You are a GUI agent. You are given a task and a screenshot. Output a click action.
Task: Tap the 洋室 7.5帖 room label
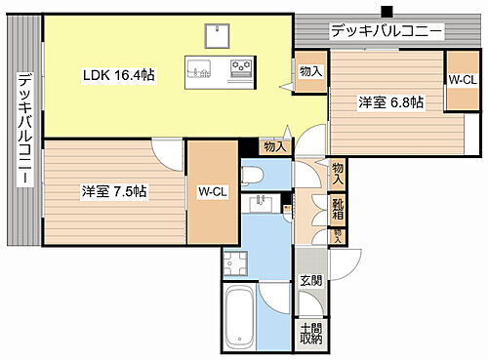click(x=113, y=192)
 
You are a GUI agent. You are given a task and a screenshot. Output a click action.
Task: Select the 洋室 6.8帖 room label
click(x=389, y=102)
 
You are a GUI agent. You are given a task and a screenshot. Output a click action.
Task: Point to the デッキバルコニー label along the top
click(x=387, y=31)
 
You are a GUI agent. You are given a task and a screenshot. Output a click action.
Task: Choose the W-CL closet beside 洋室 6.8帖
click(x=461, y=80)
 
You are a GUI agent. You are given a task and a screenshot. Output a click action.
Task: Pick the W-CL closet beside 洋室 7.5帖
click(x=212, y=192)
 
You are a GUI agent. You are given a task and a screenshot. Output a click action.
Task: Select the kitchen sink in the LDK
click(x=199, y=69)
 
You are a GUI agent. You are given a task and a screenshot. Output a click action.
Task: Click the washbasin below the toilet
click(x=261, y=203)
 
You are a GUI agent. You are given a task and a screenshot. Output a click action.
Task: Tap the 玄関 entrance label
click(x=309, y=283)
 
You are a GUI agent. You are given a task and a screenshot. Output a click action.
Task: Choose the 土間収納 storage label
click(x=310, y=334)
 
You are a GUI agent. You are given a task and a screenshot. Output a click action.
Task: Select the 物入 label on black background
click(x=275, y=146)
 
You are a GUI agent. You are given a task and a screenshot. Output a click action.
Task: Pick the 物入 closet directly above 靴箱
click(x=338, y=175)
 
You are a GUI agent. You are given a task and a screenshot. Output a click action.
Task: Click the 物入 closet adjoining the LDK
click(x=311, y=71)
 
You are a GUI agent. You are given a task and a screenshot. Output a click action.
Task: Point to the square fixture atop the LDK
click(x=217, y=36)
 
